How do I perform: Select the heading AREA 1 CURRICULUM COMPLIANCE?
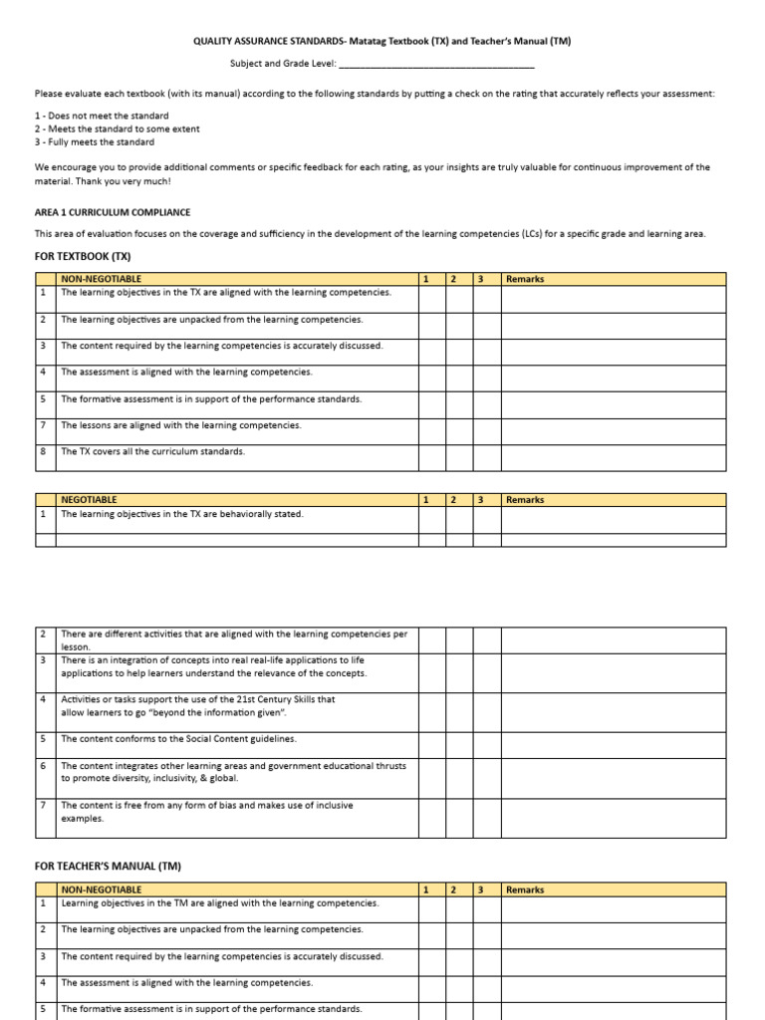pos(113,212)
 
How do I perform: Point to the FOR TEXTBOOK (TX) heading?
pos(83,256)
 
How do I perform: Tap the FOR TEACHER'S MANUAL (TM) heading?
pos(108,867)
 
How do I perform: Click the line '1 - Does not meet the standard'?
pos(102,116)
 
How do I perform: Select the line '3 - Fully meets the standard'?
pos(95,142)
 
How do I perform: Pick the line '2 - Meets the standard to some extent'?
pos(117,128)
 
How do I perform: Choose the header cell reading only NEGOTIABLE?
pos(89,500)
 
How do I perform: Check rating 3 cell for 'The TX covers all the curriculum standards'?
pos(486,457)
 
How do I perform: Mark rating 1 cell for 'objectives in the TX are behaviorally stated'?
pos(431,520)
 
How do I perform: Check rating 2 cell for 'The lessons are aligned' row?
pos(459,431)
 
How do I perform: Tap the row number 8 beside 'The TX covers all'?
pos(44,451)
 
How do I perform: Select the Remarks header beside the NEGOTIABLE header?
pos(525,500)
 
